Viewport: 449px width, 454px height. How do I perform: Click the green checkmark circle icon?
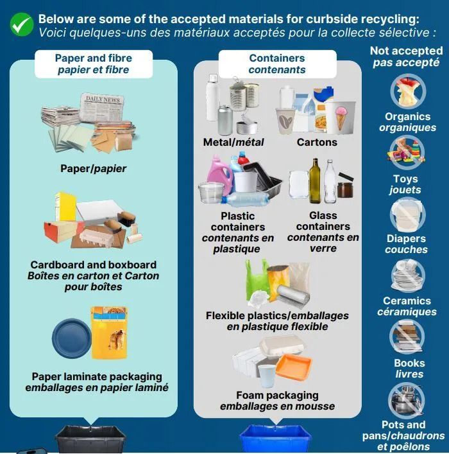click(22, 24)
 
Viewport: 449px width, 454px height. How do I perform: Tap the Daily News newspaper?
click(102, 108)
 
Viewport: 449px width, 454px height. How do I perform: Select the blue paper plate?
click(72, 338)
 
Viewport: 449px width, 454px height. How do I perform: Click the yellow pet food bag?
click(109, 333)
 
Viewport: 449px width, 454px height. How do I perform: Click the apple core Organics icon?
click(408, 91)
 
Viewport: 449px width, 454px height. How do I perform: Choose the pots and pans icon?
click(407, 399)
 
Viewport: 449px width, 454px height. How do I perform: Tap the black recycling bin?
click(90, 439)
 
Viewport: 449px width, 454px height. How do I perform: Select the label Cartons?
click(317, 142)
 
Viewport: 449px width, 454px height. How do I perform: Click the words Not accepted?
click(406, 51)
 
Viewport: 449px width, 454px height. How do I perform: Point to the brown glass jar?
click(345, 189)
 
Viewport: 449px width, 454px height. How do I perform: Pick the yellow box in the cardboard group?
click(66, 206)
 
